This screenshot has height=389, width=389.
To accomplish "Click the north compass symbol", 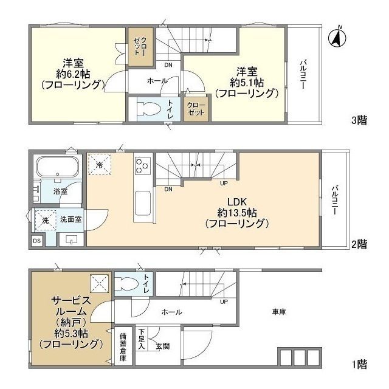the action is coord(337,37).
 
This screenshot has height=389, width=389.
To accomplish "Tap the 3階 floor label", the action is coord(359,120).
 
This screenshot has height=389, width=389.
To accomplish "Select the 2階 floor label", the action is coord(359,244).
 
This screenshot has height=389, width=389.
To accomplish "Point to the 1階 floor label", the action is coord(359,365).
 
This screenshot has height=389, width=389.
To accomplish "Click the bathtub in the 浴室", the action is coord(58,166).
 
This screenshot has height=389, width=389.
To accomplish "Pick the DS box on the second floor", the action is coord(37,241).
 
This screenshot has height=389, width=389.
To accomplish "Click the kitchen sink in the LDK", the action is coord(142,203).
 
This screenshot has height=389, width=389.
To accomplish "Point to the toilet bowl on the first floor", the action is coord(128,283).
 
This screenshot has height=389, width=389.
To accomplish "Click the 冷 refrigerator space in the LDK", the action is coord(100,164).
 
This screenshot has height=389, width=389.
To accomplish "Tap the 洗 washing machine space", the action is coord(46,220).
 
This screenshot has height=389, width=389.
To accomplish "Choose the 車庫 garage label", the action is coord(279,312).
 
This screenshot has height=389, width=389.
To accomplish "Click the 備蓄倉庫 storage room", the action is coord(123,347).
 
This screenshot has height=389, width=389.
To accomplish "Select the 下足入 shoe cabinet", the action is coord(142,339).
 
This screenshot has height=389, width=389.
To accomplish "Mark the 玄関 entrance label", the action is coord(163,346).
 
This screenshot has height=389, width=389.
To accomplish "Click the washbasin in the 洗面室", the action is coord(72,239).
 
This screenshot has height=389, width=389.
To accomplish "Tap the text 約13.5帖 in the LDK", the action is coord(237,213).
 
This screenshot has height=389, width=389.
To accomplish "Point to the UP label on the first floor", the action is coord(224,302).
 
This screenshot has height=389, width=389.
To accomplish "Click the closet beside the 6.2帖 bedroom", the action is coord(140,47).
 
